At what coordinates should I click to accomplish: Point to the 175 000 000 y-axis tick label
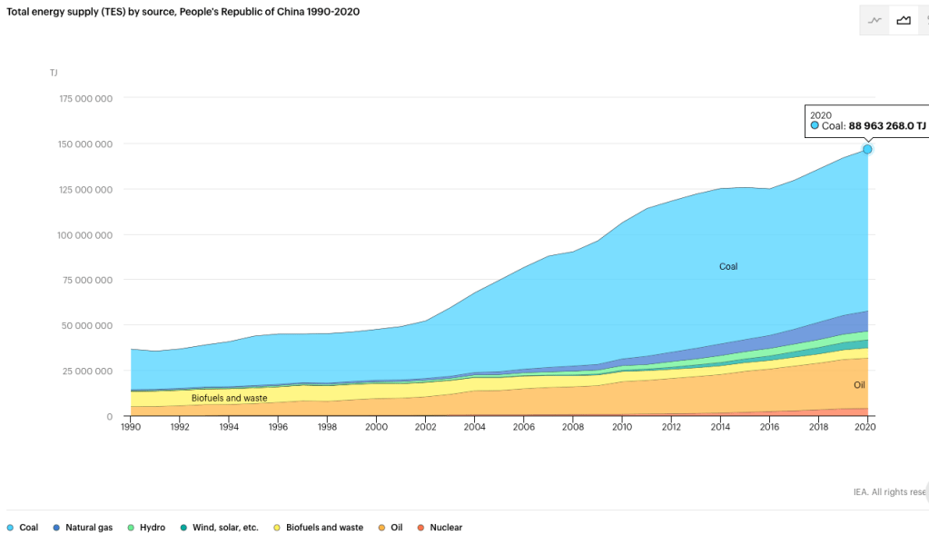point(85,98)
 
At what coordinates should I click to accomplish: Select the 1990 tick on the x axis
point(131,426)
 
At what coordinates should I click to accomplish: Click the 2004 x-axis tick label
point(473,426)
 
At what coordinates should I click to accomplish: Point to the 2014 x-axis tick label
point(720,426)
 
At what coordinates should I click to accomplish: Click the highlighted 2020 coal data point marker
point(867,149)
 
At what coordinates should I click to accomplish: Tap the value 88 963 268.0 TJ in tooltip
point(887,126)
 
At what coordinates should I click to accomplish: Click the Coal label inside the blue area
point(728,267)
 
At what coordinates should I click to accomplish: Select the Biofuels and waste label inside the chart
point(229,398)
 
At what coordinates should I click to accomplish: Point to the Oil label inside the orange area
point(859,386)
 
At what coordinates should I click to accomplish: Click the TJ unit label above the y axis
point(54,72)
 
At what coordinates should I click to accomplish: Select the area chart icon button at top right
point(904,20)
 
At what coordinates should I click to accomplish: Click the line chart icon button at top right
point(875,20)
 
